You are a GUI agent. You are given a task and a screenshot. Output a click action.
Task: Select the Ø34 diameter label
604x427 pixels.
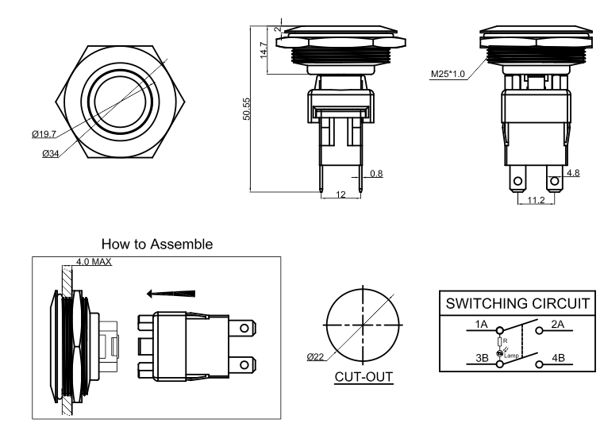pyautogui.click(x=52, y=152)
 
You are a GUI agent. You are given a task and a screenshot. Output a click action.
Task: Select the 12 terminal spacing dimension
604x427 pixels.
pyautogui.click(x=340, y=194)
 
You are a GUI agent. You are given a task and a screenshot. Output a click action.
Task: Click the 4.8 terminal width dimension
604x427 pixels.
pyautogui.click(x=571, y=171)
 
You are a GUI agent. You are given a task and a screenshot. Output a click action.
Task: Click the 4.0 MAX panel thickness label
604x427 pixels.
pyautogui.click(x=94, y=261)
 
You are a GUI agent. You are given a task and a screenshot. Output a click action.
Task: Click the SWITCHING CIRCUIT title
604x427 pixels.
pyautogui.click(x=517, y=304)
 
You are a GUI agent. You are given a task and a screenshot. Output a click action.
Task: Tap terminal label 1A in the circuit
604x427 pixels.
pyautogui.click(x=482, y=325)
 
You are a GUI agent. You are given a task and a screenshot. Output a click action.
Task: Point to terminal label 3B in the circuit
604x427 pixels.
pyautogui.click(x=482, y=357)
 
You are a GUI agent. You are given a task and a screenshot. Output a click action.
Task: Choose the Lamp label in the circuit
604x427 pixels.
pyautogui.click(x=512, y=356)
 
